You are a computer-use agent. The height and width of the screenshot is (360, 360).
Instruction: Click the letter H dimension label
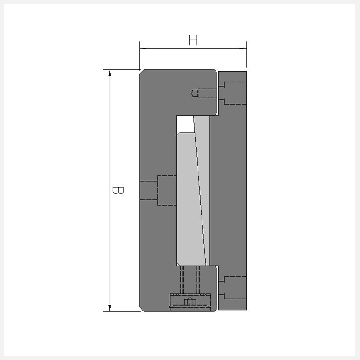coord(193,40)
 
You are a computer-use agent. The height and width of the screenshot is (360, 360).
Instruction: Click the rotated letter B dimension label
coord(118,190)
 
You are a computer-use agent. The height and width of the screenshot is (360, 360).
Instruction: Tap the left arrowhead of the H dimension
coord(143,49)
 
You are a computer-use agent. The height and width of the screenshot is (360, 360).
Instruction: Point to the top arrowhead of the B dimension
coord(110,73)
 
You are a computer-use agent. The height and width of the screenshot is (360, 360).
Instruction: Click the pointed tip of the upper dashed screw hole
coord(191,93)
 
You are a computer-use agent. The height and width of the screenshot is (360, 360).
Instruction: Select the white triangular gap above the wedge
coord(185,123)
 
